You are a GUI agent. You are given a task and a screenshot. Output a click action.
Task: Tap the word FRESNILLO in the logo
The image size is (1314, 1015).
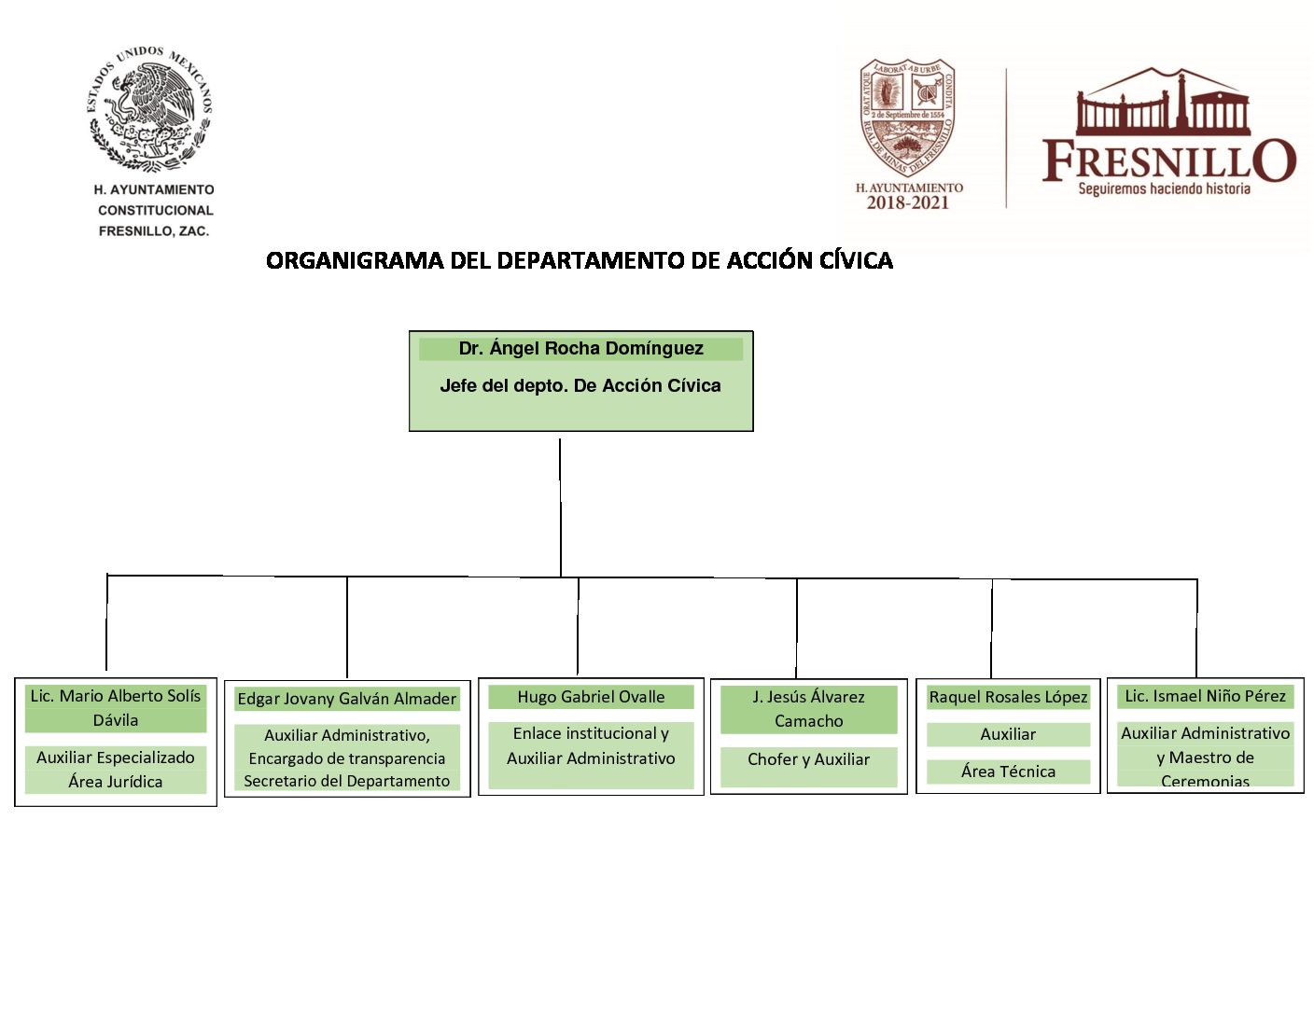pos(1168,160)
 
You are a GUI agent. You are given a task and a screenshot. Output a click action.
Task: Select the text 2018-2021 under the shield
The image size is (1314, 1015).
pos(907,203)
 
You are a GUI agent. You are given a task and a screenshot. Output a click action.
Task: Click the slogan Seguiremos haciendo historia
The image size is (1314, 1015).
pos(1164,189)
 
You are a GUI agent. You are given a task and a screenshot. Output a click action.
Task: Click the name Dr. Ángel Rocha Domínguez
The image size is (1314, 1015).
pos(580,349)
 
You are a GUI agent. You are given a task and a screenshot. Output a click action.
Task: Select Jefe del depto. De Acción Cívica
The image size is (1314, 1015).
pos(580,386)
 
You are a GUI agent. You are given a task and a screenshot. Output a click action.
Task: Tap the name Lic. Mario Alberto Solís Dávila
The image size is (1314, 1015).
pos(116,707)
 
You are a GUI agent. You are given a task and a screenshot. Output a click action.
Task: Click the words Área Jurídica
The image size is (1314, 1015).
pos(116,782)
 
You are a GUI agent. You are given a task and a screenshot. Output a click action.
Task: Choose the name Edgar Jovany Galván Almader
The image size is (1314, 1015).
pos(346,699)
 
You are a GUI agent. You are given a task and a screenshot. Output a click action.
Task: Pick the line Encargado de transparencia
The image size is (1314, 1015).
pos(346,758)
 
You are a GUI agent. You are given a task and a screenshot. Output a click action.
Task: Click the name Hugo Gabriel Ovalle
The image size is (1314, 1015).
pos(591,697)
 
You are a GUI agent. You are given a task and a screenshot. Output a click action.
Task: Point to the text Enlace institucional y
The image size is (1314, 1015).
pos(591,733)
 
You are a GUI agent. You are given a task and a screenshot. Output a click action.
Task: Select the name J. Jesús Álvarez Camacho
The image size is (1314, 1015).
pos(808,709)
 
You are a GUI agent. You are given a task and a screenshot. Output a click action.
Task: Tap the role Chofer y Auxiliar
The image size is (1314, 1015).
pos(808,759)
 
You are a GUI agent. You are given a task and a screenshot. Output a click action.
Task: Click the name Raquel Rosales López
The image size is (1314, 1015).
pos(1008,697)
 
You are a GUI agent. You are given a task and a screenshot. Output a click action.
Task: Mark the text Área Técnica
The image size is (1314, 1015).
pos(1008,772)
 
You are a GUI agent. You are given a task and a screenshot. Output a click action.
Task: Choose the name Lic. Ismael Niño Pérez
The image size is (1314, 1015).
pos(1205,696)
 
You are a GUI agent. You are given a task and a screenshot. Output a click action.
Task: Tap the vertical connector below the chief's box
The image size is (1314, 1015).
pos(560,504)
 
